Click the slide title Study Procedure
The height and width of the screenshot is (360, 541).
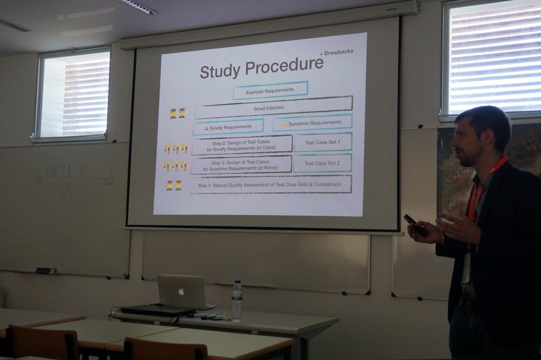click(x=261, y=67)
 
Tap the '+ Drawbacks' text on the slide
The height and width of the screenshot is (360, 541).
click(x=337, y=52)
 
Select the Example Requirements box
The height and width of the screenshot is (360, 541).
click(x=270, y=91)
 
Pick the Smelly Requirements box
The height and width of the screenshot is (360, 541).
click(x=228, y=127)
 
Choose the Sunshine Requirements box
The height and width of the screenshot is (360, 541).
click(x=312, y=123)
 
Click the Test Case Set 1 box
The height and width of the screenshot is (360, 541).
click(x=322, y=142)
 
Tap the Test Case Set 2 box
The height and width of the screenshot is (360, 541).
click(x=322, y=163)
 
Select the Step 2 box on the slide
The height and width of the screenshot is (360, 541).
click(x=241, y=145)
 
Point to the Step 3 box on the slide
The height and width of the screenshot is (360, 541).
click(x=241, y=165)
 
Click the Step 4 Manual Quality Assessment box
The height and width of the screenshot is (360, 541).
click(x=270, y=184)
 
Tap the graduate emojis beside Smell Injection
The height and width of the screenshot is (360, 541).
click(x=177, y=113)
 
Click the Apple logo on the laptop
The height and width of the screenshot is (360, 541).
click(x=181, y=291)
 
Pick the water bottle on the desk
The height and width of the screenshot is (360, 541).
click(x=236, y=302)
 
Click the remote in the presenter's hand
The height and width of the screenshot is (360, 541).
click(x=415, y=225)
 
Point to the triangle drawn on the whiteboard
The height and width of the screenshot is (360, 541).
click(x=67, y=192)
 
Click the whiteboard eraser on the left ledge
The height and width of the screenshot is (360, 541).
click(x=46, y=270)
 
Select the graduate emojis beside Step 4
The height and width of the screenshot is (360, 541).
click(x=174, y=185)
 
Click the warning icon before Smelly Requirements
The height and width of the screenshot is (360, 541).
click(x=206, y=128)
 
